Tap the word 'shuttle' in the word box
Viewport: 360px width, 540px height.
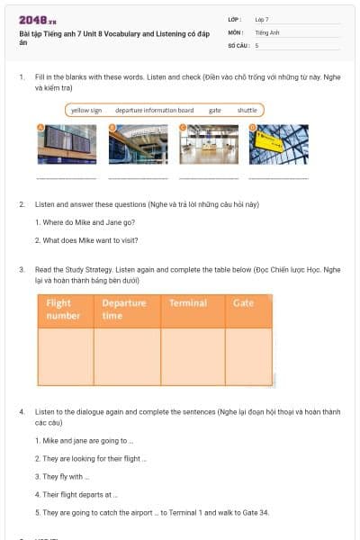[247, 110]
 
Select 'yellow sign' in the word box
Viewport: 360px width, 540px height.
[86, 110]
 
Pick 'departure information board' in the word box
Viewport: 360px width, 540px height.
[154, 110]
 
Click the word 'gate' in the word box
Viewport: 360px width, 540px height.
[215, 110]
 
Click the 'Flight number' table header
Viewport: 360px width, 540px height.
[64, 310]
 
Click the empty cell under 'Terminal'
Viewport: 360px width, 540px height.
[193, 356]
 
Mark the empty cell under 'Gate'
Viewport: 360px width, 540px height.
[248, 356]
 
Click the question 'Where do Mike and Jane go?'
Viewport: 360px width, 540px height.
[85, 222]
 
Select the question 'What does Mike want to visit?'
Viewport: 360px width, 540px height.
[85, 240]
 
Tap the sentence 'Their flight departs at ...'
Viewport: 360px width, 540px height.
[76, 495]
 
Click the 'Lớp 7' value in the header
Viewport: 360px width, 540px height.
[262, 19]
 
